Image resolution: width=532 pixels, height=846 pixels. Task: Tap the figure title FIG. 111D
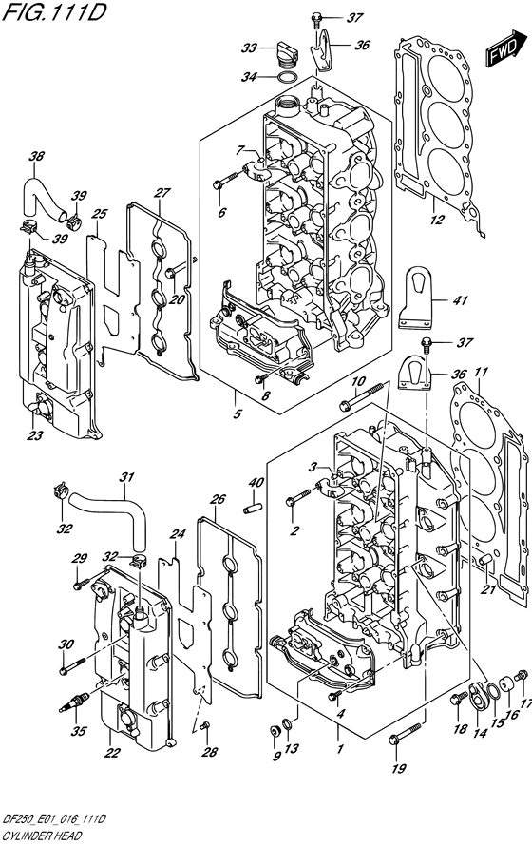53,11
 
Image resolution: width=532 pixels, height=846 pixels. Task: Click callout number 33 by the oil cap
249,48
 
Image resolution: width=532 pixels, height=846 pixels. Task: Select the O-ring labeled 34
289,77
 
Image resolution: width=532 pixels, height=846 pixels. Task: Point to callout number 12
438,220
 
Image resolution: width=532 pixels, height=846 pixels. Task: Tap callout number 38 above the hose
37,157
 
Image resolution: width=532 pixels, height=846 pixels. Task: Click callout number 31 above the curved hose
126,477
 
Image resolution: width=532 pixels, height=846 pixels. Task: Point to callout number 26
218,499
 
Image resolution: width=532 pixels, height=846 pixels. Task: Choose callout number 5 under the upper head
237,414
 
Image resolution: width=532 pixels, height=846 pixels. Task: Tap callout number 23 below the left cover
35,434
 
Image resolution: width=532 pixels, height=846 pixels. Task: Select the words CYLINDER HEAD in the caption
41,836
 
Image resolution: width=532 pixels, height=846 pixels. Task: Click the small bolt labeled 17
521,675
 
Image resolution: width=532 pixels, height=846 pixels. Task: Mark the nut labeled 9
275,731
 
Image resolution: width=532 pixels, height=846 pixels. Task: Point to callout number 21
488,589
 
